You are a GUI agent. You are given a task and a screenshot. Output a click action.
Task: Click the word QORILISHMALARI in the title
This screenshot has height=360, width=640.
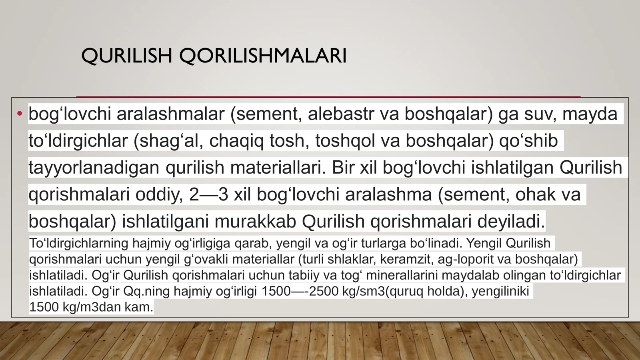(263, 56)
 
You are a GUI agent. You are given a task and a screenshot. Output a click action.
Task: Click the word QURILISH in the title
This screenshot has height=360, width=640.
(127, 56)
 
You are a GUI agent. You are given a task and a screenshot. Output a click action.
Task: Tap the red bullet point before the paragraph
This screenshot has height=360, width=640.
(20, 114)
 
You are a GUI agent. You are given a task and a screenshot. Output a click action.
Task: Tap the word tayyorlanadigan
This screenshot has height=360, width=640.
(94, 168)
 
